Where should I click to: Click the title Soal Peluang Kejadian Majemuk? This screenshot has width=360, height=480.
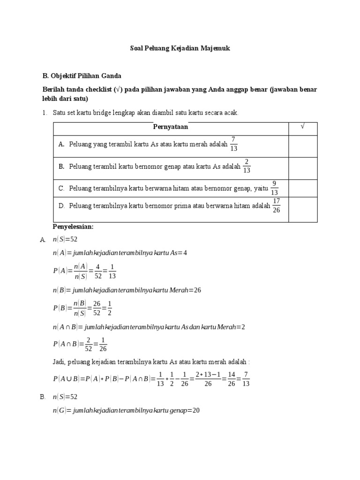[180, 48]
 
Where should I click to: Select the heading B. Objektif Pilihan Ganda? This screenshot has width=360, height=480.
[82, 75]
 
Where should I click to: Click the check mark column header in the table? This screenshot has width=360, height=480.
[302, 127]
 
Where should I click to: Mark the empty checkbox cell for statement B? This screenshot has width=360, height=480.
[302, 167]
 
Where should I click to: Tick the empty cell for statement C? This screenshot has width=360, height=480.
[302, 188]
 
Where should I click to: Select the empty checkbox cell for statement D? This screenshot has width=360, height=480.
[302, 209]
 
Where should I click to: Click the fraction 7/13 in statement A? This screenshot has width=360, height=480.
[234, 144]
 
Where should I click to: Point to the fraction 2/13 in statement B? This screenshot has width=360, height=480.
[247, 166]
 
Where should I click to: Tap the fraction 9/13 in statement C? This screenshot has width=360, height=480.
[274, 187]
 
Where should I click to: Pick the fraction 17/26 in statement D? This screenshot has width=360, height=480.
[277, 205]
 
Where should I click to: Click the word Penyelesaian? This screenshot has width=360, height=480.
[73, 227]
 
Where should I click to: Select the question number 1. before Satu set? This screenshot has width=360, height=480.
[45, 113]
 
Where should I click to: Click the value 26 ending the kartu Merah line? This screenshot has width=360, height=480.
[197, 290]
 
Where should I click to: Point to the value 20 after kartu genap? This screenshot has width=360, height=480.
[196, 411]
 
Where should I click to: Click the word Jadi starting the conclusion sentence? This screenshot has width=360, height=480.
[60, 362]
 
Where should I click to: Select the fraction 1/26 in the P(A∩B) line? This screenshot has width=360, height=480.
[103, 345]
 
